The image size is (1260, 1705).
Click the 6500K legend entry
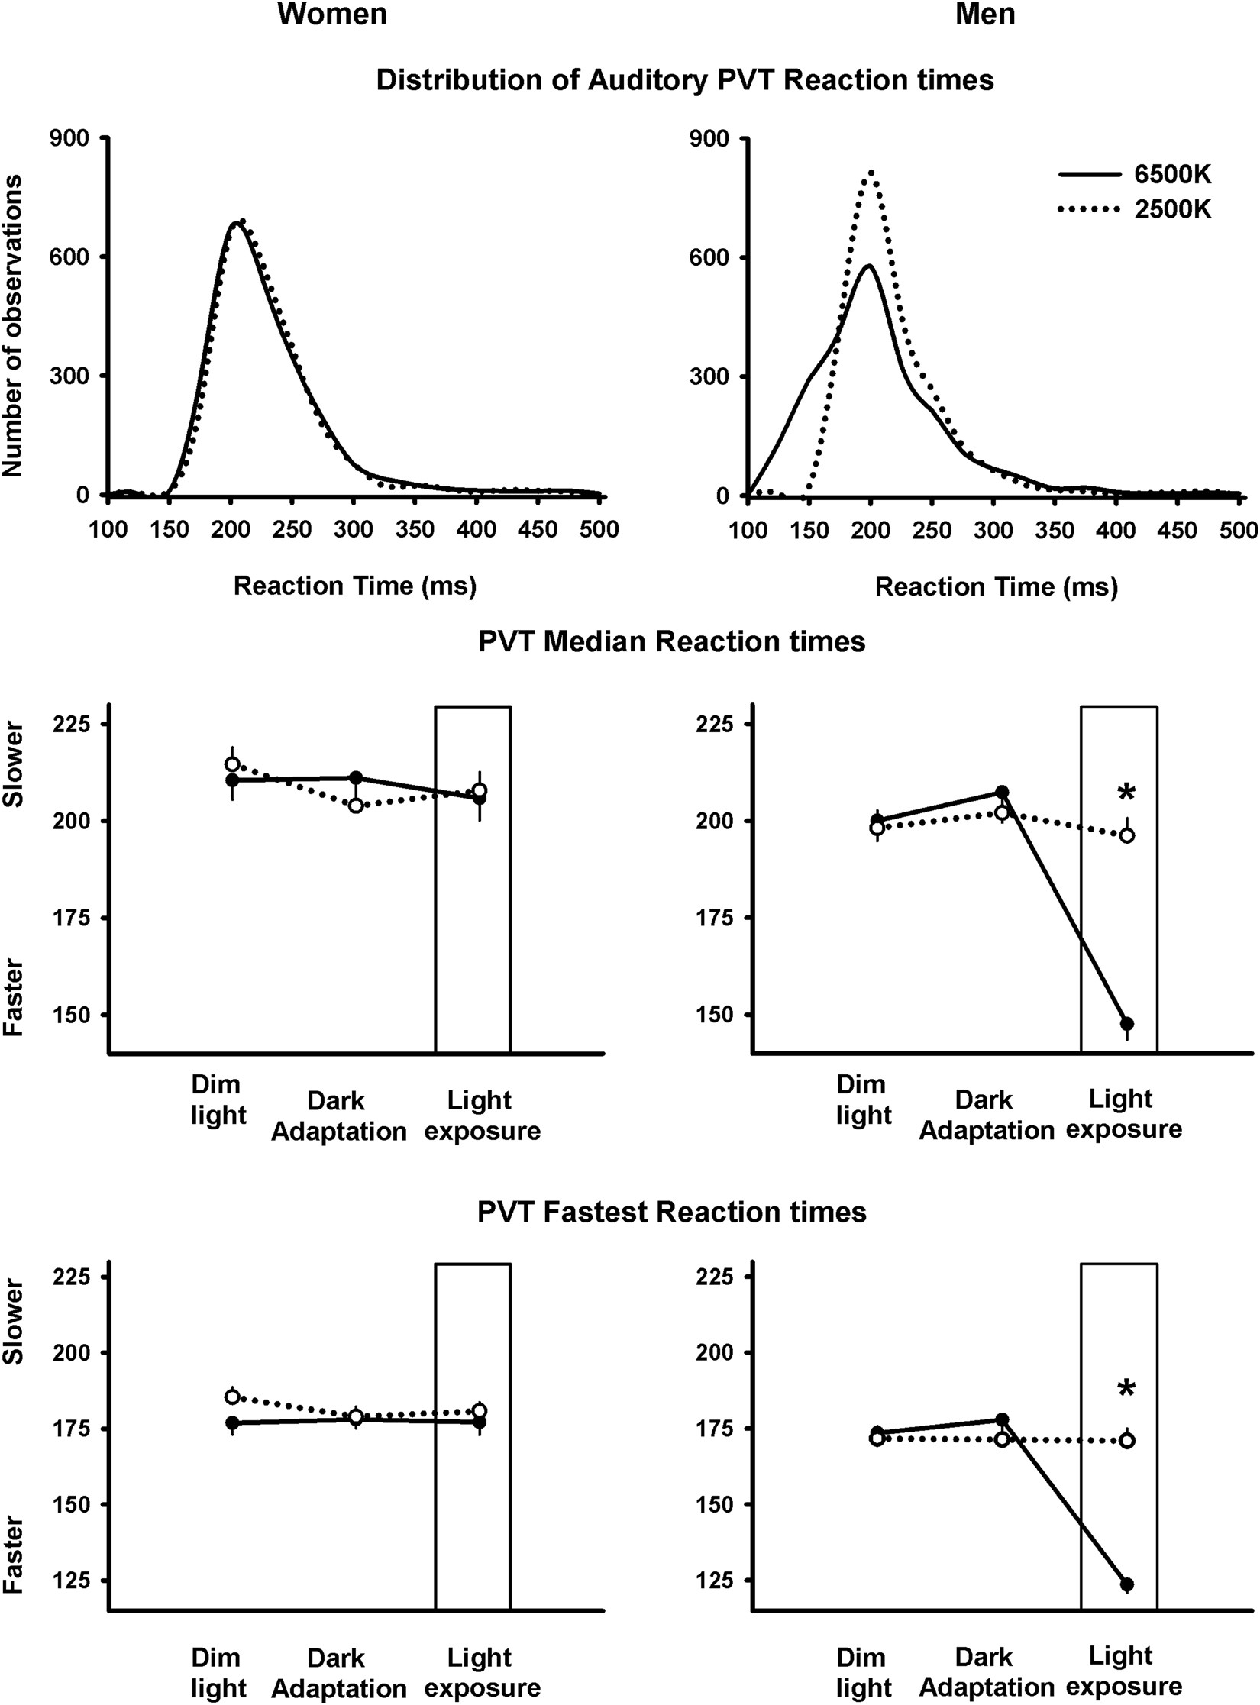point(1172,175)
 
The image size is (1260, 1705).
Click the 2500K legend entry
point(1172,208)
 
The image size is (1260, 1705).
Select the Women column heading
point(331,15)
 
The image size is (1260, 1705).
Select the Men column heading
point(985,15)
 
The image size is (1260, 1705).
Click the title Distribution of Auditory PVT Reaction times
point(684,80)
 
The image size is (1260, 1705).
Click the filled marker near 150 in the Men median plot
point(1127,1024)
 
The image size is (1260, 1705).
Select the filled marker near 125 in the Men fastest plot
point(1127,1563)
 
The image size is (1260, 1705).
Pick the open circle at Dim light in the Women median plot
point(232,764)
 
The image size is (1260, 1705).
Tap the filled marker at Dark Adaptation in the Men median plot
point(1002,792)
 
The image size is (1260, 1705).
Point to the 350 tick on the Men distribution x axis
point(1056,530)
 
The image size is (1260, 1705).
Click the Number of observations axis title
point(13,325)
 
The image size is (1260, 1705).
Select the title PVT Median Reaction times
point(671,641)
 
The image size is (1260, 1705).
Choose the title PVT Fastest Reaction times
point(671,1213)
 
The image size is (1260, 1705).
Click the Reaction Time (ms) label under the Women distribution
point(354,586)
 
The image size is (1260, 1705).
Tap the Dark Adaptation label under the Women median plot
point(338,1116)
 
